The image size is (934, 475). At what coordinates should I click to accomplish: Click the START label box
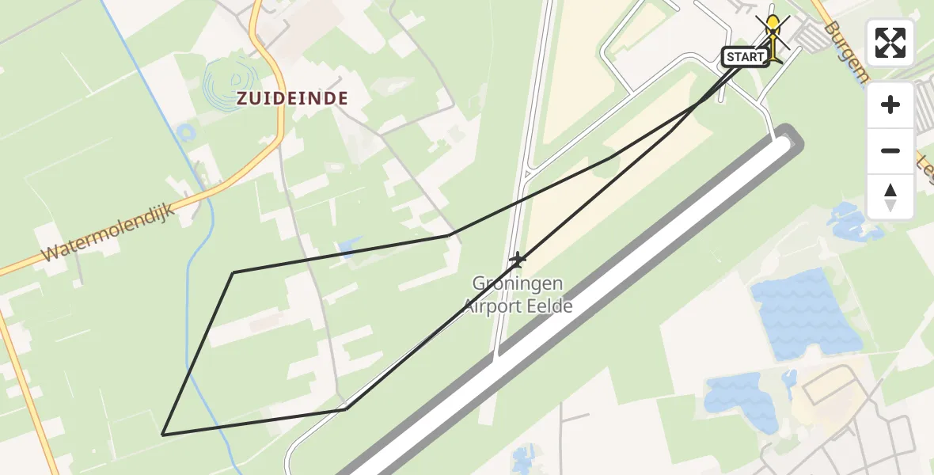[745, 56]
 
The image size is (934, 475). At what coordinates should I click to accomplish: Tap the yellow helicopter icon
[772, 35]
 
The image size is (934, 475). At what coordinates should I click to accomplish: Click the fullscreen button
[890, 43]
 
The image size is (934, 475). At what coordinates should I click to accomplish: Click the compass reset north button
[890, 197]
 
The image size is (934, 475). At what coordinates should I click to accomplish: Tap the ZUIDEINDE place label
[291, 98]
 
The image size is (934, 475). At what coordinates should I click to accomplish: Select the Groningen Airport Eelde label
[518, 294]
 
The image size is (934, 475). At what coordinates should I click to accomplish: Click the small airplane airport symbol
[518, 259]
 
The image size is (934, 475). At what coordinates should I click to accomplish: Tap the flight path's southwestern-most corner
[163, 434]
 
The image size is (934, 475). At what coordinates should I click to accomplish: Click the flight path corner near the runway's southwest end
[346, 408]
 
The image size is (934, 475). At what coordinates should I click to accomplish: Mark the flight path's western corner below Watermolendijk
[233, 273]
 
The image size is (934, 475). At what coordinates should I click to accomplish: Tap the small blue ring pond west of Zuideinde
[186, 133]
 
